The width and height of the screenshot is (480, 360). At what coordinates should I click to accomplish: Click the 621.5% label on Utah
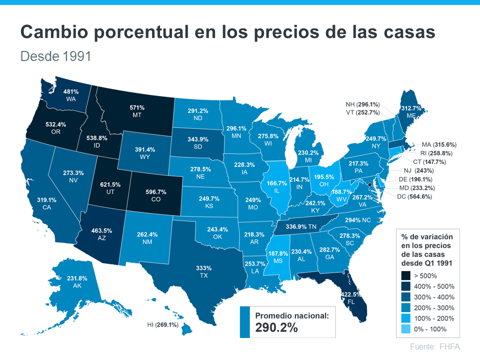(x=110, y=184)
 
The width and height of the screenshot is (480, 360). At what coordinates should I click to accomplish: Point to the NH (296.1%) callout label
(x=362, y=104)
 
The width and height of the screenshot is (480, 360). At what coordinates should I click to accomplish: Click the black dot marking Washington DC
(x=370, y=184)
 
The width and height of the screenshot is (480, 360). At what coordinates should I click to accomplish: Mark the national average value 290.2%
(x=276, y=327)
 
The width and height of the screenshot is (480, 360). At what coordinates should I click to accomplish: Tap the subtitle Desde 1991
(x=55, y=56)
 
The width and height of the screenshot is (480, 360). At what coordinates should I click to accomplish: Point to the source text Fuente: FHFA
(x=434, y=346)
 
